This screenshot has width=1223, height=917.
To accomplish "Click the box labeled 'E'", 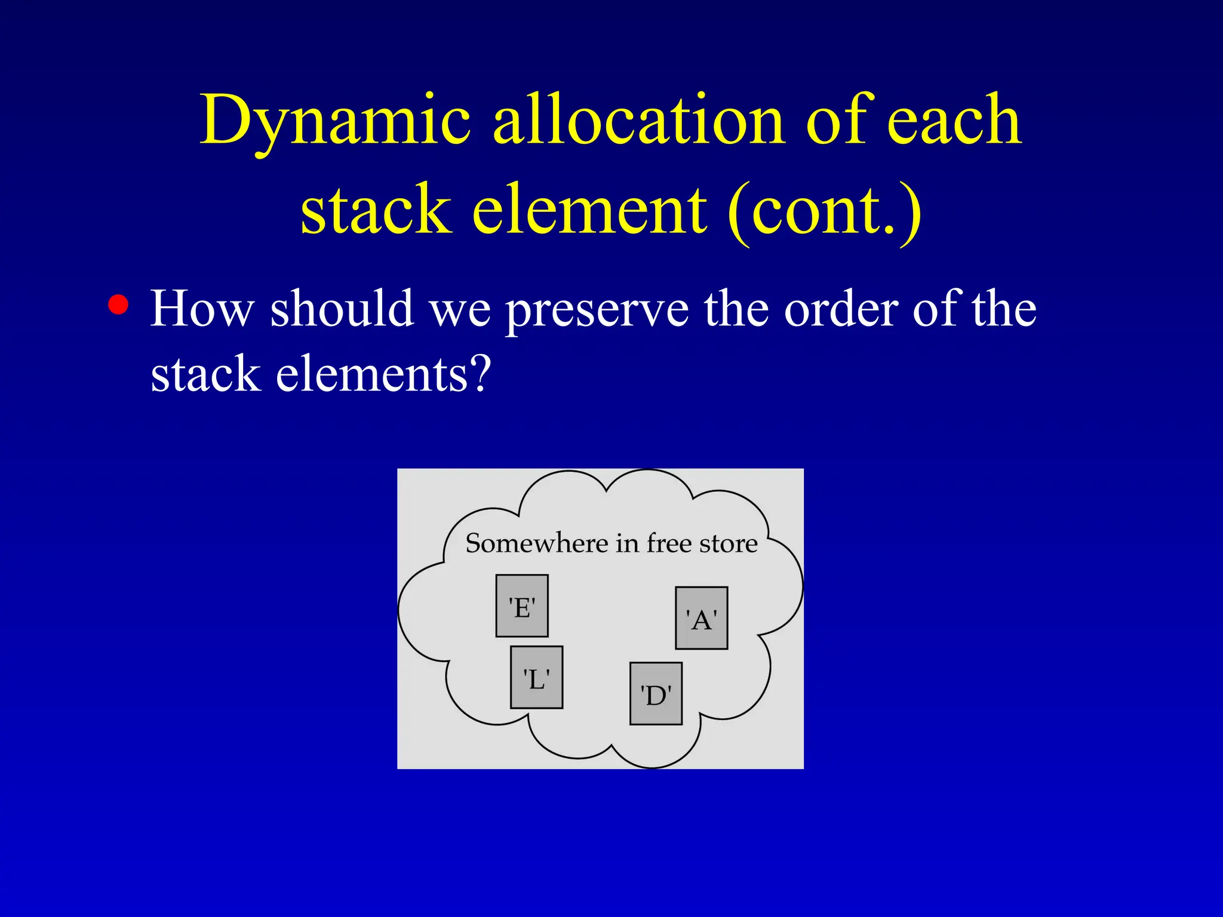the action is [x=521, y=606].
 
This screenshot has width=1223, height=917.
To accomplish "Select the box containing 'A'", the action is [x=701, y=618].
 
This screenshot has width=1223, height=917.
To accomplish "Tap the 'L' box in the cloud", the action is [x=536, y=678].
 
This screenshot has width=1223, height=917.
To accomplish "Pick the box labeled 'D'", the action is [x=656, y=694].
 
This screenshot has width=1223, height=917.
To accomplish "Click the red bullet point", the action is [x=118, y=304].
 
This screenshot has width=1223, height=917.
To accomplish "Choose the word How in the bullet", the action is [x=202, y=309].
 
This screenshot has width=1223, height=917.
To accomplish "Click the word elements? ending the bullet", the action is [x=383, y=374].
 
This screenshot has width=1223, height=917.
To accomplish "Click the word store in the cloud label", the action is [x=728, y=544].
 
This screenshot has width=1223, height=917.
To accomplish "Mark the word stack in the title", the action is [x=375, y=210].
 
